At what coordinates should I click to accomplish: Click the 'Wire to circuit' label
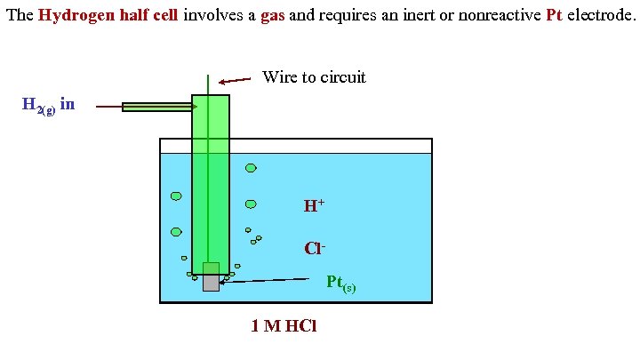[x=314, y=77]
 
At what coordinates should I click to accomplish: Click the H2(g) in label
[x=48, y=106]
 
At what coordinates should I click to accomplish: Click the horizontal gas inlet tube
[x=158, y=107]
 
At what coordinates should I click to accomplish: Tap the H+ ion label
[x=314, y=206]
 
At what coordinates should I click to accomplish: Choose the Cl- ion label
[x=313, y=249]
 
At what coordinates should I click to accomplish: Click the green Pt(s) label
[x=340, y=284]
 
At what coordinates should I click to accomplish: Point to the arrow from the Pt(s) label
[x=271, y=281]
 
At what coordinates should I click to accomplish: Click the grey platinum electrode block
[x=211, y=283]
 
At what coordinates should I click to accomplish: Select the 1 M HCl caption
[x=284, y=326]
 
